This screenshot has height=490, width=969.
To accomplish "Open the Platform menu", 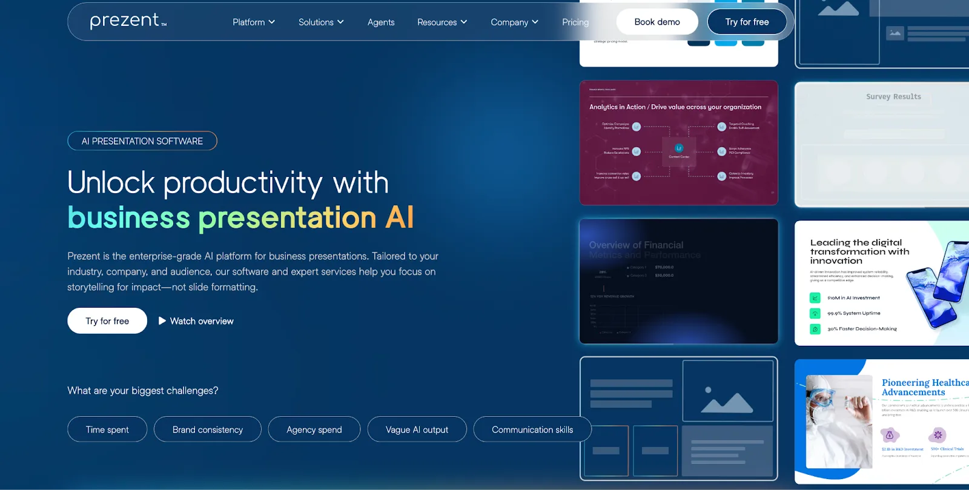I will [254, 22].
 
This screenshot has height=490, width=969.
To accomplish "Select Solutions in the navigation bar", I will [321, 22].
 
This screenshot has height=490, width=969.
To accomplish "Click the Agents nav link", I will [381, 22].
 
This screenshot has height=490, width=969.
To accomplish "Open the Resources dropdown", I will [442, 22].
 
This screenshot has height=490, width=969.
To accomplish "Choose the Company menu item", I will [514, 22].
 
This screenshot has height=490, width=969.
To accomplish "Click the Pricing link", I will [575, 22].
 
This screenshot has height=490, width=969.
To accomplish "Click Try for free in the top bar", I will [747, 22].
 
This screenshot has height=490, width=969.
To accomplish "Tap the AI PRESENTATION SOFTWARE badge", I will [142, 141].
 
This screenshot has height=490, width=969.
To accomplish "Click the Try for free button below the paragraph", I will [107, 321].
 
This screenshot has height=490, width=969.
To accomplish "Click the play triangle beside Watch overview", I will [162, 321].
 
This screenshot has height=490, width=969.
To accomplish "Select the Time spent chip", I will [107, 429].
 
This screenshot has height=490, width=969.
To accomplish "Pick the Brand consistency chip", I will [208, 429].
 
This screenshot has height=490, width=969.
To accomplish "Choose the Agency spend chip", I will [314, 429].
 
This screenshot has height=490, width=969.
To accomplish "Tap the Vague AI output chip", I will [417, 429].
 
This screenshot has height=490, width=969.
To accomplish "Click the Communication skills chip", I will [532, 429].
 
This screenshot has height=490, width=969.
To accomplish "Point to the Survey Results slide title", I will [893, 96].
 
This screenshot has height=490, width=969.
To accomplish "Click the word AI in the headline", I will [400, 217].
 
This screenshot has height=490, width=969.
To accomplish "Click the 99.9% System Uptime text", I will [854, 314].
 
